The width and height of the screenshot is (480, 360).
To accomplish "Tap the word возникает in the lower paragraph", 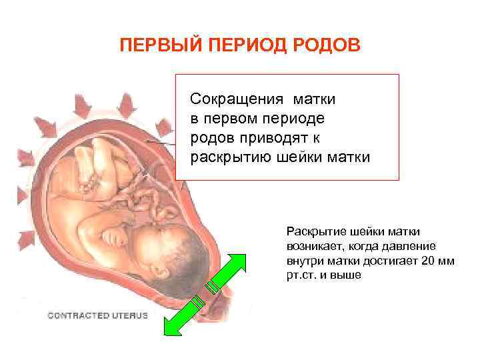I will (313, 247).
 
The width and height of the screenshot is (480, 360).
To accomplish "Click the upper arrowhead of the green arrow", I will (236, 262).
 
